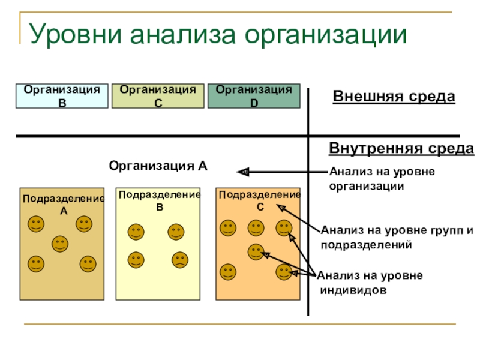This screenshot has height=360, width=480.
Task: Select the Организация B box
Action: pos(62,96)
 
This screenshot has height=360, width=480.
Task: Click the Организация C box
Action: pos(158,96)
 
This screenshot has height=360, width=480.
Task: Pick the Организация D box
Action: pos(254,96)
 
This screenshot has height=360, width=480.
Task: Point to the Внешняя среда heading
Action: pos(394,97)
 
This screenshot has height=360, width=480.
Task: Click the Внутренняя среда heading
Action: pos(401,148)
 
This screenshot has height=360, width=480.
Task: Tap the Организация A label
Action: pos(158,166)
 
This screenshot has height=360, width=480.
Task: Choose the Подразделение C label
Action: pos(259,200)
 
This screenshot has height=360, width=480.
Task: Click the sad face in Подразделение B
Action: pos(180,260)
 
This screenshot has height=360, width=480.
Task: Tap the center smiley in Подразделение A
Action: pos(59,244)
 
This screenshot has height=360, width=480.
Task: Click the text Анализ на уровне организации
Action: pos(382,179)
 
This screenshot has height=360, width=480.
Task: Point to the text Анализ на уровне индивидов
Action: pos(370,283)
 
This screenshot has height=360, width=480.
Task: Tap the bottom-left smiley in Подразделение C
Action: pos(227,272)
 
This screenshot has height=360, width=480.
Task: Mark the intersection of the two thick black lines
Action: pos(308,136)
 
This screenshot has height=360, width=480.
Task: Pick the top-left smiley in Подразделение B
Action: pos(136,232)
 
